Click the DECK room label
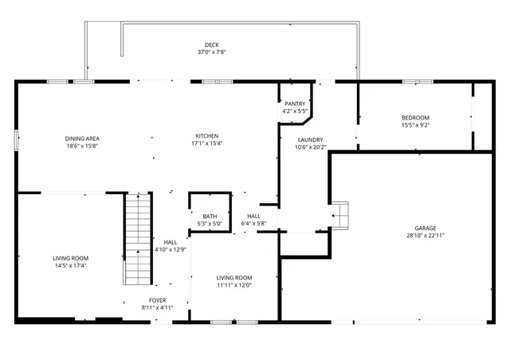click(x=211, y=44)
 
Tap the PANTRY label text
click(x=295, y=104)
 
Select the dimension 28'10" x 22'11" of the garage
click(x=425, y=235)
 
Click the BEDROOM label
click(x=415, y=118)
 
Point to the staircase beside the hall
click(x=137, y=239)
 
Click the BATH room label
click(x=210, y=216)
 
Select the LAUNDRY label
click(x=311, y=139)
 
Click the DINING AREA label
click(x=82, y=139)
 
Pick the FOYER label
click(x=157, y=299)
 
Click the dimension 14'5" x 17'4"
click(x=71, y=265)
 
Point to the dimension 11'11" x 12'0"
click(x=234, y=285)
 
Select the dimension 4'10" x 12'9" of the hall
click(x=170, y=249)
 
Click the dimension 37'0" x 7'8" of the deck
click(x=211, y=52)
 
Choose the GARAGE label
click(x=425, y=228)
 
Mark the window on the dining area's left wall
click(x=16, y=139)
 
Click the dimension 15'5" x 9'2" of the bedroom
click(x=415, y=125)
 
